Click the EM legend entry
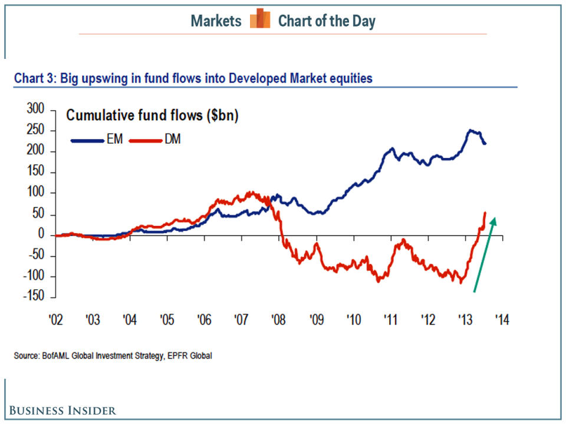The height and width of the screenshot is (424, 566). [97, 141]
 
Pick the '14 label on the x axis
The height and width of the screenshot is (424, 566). [502, 321]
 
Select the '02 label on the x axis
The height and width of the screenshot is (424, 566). [55, 321]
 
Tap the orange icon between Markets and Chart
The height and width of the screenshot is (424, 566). [259, 21]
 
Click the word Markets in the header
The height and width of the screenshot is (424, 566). [216, 21]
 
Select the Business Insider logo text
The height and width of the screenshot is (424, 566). [62, 410]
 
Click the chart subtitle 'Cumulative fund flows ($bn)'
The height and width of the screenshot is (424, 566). [152, 115]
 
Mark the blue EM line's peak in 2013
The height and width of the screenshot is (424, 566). [470, 130]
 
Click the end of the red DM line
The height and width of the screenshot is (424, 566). [485, 213]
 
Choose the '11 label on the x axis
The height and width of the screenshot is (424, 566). [390, 321]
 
